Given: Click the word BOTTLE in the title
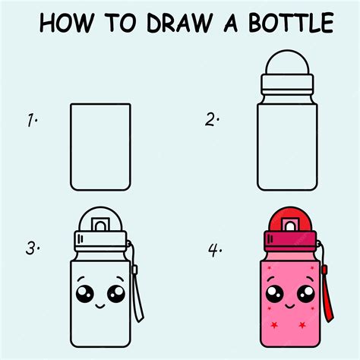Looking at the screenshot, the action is click(x=291, y=22).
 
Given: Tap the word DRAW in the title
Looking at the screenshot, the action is click(x=179, y=23).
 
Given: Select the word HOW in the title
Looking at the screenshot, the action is click(x=67, y=23).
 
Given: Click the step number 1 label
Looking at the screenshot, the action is click(x=32, y=120).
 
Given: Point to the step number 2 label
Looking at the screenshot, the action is click(x=212, y=119).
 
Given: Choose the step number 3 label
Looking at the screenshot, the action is click(x=33, y=248).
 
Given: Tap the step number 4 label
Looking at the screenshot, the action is click(x=215, y=250).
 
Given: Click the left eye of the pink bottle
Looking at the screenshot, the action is click(x=275, y=294).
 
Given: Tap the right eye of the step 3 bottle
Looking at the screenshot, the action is click(x=116, y=294).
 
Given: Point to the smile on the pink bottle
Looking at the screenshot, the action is click(x=290, y=306).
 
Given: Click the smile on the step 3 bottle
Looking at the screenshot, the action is click(x=100, y=306).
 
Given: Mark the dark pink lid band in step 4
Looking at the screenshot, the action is click(x=290, y=238).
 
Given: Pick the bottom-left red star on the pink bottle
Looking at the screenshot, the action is click(x=274, y=324).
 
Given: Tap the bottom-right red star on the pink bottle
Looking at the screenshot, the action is click(x=302, y=324).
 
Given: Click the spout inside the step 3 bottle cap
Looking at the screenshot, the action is click(x=100, y=225).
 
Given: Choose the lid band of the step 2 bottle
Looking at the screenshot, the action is click(x=287, y=84).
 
